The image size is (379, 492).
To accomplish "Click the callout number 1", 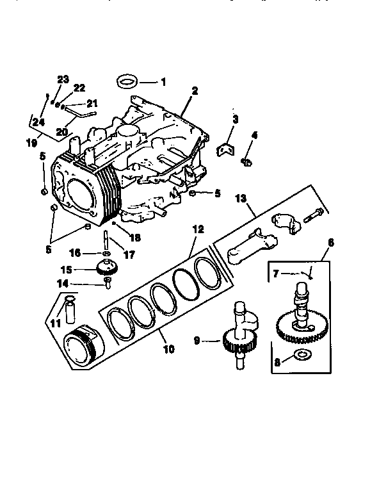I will pyautogui.click(x=163, y=83).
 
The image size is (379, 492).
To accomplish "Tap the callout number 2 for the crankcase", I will pyautogui.click(x=195, y=90).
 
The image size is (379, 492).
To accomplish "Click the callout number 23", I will pyautogui.click(x=62, y=79).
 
